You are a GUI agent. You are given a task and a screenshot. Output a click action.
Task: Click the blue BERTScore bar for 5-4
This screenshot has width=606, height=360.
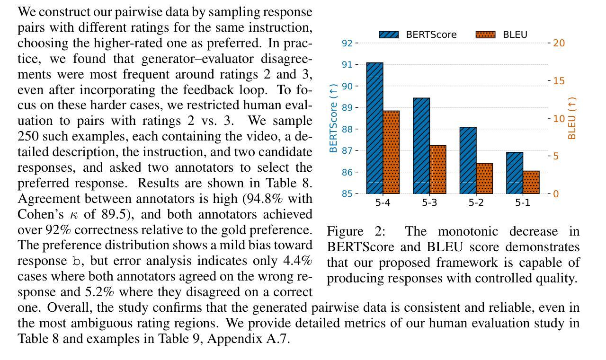click(374, 128)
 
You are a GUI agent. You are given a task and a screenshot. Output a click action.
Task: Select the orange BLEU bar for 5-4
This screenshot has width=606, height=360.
click(391, 152)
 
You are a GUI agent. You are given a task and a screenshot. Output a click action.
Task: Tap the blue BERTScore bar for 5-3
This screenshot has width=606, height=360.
click(421, 146)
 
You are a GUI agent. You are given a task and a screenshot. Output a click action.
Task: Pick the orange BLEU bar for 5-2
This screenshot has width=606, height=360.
click(484, 178)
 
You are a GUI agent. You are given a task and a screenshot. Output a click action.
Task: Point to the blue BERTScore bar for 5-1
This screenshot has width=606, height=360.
click(515, 173)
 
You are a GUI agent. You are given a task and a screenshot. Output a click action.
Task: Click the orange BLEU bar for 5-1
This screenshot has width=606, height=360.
click(531, 182)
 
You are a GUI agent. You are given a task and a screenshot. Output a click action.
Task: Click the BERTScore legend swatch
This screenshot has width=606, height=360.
click(389, 35)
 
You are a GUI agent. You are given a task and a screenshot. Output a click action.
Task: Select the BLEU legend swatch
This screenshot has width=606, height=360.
click(485, 35)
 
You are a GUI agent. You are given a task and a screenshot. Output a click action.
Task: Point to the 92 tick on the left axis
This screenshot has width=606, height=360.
click(347, 43)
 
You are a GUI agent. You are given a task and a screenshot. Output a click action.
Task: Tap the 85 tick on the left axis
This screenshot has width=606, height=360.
click(347, 193)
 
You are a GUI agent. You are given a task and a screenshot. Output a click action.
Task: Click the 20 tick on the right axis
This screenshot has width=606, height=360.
click(559, 43)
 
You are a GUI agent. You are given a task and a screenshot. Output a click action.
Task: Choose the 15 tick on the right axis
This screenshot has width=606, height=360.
click(559, 81)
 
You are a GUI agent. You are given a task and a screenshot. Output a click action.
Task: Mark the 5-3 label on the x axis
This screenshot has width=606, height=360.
click(429, 203)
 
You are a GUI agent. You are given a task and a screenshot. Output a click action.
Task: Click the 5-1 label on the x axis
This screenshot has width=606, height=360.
click(523, 203)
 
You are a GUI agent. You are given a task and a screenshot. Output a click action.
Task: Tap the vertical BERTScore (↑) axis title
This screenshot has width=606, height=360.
click(334, 118)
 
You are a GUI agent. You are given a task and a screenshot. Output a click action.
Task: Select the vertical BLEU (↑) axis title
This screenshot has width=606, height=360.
click(572, 118)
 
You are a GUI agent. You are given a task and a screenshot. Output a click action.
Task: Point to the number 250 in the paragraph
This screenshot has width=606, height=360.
click(28, 136)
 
